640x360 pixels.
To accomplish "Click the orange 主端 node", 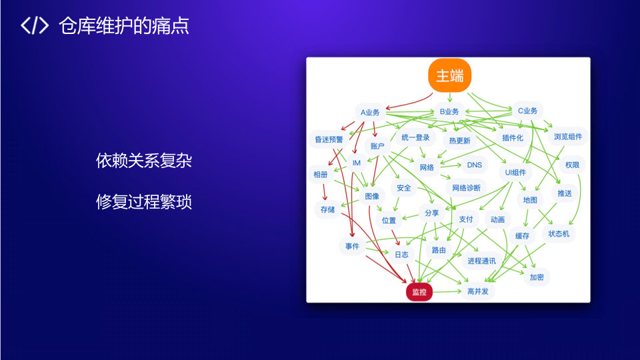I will pyautogui.click(x=449, y=76).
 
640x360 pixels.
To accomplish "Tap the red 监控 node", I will pyautogui.click(x=419, y=291).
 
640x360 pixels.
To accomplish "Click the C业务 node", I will pyautogui.click(x=527, y=111).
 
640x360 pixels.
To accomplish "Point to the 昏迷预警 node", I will pyautogui.click(x=329, y=139).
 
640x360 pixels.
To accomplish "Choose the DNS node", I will pyautogui.click(x=474, y=165).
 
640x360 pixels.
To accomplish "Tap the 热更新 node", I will pyautogui.click(x=459, y=141).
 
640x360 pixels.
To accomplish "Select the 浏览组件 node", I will pyautogui.click(x=567, y=137).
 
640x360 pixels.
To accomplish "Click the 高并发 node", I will pyautogui.click(x=479, y=291).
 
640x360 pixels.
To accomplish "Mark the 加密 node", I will pyautogui.click(x=536, y=277).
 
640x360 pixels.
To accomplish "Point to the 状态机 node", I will pyautogui.click(x=558, y=234).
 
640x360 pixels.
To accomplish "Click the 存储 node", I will pyautogui.click(x=327, y=209).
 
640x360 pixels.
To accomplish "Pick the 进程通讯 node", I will pyautogui.click(x=481, y=261).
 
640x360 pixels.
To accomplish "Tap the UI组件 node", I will pyautogui.click(x=515, y=172).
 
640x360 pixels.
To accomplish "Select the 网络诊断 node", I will pyautogui.click(x=466, y=188).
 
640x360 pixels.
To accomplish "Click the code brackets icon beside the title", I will pyautogui.click(x=35, y=26).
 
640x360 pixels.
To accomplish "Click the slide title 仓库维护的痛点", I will pyautogui.click(x=123, y=26).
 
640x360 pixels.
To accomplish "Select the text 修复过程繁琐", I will pyautogui.click(x=144, y=201).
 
